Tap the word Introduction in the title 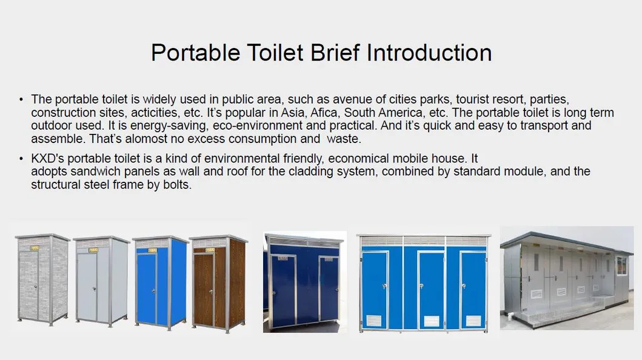pos(423,53)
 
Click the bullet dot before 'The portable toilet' pos(21,99)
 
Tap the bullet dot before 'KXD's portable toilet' pos(21,159)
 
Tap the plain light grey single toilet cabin pos(101,281)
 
